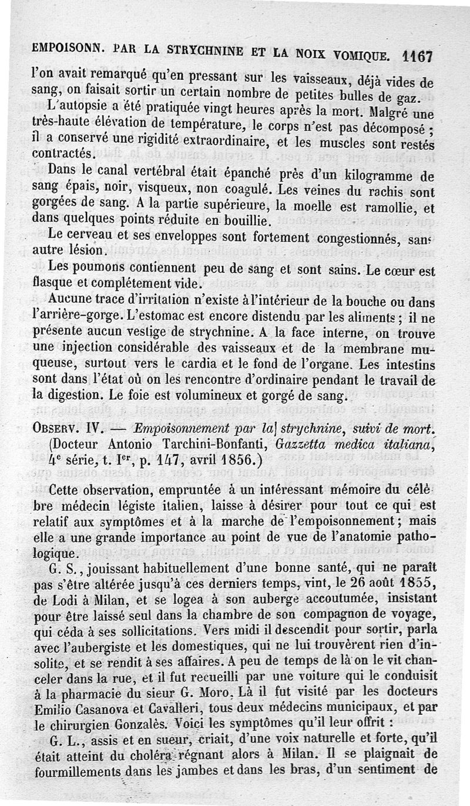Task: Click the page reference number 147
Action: point(158,460)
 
